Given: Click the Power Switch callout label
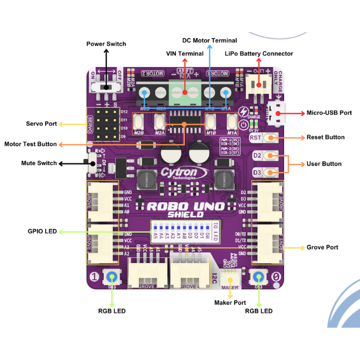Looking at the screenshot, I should (x=106, y=44).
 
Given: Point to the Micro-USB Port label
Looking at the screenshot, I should (x=329, y=113).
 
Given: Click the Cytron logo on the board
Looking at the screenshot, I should (x=185, y=172).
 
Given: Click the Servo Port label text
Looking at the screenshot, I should (x=41, y=124).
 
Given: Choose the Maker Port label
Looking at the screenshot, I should (x=230, y=303).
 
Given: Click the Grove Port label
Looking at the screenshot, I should (x=322, y=247).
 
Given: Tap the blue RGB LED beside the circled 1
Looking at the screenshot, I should (x=112, y=277).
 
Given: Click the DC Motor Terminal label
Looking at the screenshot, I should (x=210, y=40).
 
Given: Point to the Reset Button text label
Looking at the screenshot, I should (x=326, y=137).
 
